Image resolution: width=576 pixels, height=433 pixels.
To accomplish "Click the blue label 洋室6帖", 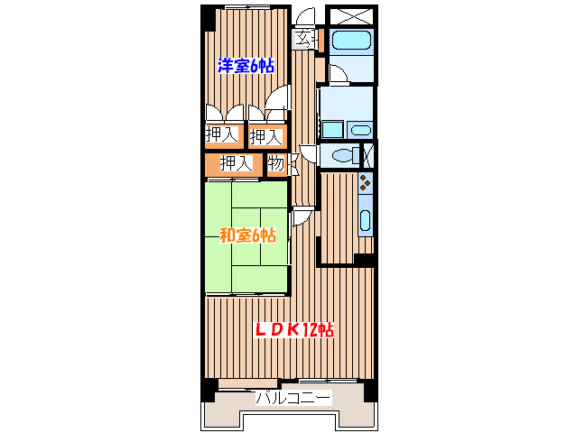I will click(x=246, y=65).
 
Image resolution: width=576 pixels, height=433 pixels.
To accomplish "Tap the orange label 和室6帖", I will click(x=246, y=236).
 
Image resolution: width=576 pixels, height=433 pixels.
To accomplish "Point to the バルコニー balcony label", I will click(x=293, y=398).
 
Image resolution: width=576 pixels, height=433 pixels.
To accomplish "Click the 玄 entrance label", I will click(x=305, y=39).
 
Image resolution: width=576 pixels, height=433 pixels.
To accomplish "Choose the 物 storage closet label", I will click(x=276, y=164).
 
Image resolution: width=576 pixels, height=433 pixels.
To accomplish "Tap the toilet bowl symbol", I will click(x=343, y=156).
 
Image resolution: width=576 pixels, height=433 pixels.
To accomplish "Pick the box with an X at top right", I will click(x=349, y=15).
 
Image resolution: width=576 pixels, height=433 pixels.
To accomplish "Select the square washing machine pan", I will click(x=331, y=129).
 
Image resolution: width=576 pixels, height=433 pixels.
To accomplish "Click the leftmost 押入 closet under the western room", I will click(x=221, y=136).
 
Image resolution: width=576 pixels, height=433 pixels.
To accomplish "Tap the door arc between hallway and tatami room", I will click(x=302, y=216).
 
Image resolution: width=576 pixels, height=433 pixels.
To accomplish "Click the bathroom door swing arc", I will click(x=337, y=73).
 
